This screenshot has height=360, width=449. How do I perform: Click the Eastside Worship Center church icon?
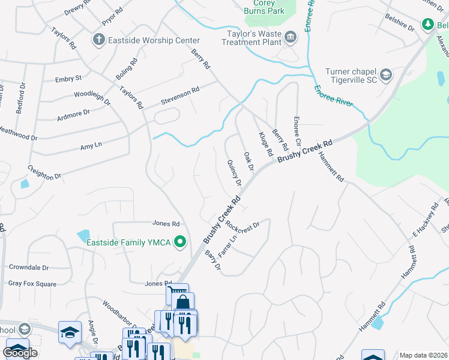click(x=98, y=40)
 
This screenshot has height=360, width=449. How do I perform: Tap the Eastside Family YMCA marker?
click(x=179, y=242)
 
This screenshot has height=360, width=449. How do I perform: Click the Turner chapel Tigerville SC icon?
click(x=385, y=75)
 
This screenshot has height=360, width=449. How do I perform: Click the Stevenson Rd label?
click(x=179, y=95)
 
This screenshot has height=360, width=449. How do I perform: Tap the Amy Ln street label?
click(x=91, y=146)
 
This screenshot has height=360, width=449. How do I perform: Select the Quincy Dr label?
click(x=234, y=173)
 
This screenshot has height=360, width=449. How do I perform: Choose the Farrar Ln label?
click(x=226, y=247)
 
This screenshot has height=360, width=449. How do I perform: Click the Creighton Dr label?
click(x=44, y=172)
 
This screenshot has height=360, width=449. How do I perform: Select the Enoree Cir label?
click(x=296, y=133)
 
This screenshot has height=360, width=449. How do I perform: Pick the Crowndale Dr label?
click(x=37, y=266)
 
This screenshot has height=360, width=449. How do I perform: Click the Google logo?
click(x=20, y=353)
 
